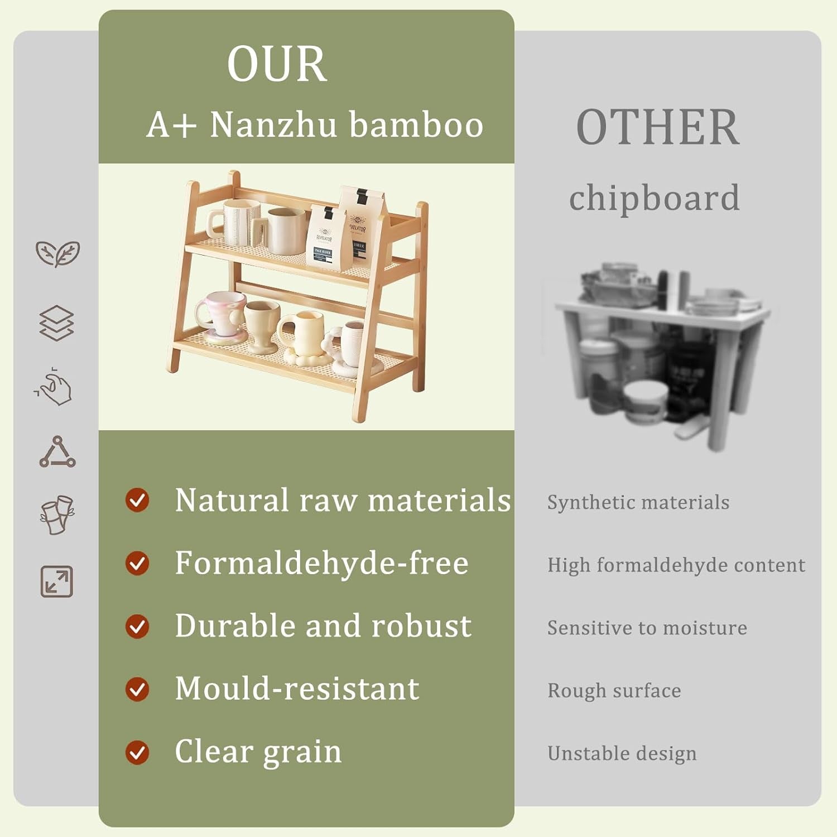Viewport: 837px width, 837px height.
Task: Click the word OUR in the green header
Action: coord(277,64)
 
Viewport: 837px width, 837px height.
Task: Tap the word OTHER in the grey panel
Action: coord(657,128)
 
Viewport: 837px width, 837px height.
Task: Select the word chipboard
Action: coord(654,198)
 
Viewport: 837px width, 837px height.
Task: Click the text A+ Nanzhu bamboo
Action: coord(315,124)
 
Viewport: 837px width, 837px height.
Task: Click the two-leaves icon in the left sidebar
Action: coord(57,254)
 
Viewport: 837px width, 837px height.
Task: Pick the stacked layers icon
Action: coord(56,323)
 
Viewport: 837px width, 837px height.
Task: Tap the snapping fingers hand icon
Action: coord(55,386)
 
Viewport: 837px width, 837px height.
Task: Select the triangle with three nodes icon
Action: coord(57,452)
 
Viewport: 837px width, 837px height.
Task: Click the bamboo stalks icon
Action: coord(57,514)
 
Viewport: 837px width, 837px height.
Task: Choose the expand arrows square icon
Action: coord(57,581)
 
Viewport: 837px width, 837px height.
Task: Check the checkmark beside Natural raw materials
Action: coord(137,500)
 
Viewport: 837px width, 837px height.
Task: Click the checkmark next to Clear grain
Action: coord(137,752)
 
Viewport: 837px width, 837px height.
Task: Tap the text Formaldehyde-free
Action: coord(321,563)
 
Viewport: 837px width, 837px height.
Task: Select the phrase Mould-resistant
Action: coord(297,689)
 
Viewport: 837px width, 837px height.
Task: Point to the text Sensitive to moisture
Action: coord(647,628)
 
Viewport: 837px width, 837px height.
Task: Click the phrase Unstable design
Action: coord(622,753)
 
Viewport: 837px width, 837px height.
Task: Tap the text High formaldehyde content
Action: coord(676,565)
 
